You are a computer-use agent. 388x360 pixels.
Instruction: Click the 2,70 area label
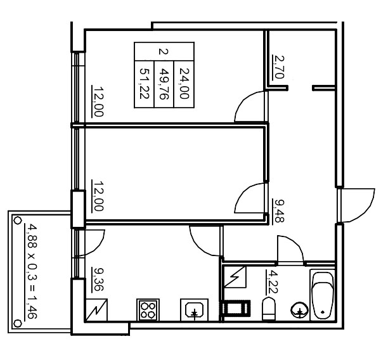[x=278, y=67]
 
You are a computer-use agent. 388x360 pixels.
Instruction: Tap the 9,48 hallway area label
[x=278, y=211]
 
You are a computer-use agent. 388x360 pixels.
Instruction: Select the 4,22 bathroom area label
[x=271, y=283]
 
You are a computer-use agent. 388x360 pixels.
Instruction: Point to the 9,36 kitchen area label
[x=98, y=280]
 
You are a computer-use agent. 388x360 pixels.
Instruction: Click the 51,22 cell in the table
[x=145, y=84]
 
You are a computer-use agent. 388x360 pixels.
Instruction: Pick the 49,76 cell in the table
[x=164, y=84]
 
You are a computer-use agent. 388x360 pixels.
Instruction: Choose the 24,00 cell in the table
[x=184, y=84]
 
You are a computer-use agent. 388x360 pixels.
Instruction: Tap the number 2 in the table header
[x=164, y=52]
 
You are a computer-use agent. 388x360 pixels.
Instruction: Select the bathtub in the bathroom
[x=323, y=295]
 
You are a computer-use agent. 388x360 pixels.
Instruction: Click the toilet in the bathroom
[x=268, y=309]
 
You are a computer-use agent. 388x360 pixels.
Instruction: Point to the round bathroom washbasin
[x=300, y=310]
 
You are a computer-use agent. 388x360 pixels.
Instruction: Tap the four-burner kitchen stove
[x=148, y=310]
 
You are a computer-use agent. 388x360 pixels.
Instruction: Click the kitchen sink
[x=194, y=310]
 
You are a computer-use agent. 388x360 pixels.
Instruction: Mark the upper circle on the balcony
[x=17, y=221]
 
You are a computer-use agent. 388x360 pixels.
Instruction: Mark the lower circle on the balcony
[x=17, y=323]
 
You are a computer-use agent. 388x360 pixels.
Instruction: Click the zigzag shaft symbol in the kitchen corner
[x=96, y=311]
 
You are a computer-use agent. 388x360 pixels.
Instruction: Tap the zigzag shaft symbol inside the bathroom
[x=235, y=277]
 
